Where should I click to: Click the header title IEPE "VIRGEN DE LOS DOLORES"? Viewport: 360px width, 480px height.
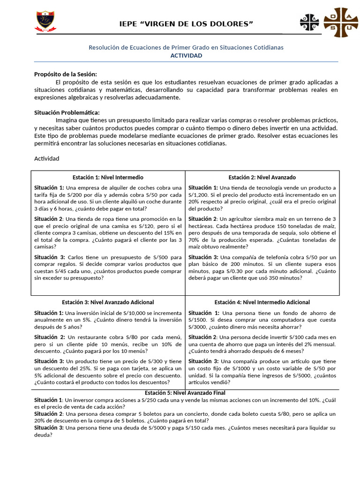(187, 24)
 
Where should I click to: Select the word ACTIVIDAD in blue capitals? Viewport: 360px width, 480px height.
(186, 55)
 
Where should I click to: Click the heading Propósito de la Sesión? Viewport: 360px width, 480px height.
(65, 74)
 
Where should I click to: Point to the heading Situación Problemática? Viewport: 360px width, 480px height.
(67, 112)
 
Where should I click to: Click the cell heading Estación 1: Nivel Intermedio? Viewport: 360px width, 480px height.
(108, 177)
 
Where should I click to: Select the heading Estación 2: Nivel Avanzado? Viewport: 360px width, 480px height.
(262, 177)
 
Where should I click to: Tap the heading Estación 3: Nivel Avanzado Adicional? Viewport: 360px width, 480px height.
(108, 302)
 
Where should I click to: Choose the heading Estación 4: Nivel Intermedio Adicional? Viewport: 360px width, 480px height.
(262, 302)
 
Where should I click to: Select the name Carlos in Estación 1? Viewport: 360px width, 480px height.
(77, 257)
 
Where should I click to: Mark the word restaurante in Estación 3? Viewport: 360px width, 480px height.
(90, 337)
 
